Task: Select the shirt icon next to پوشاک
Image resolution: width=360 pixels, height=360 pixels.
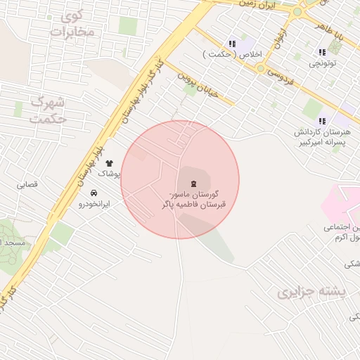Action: (x=109, y=163)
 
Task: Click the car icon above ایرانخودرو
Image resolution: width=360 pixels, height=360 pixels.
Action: (x=94, y=193)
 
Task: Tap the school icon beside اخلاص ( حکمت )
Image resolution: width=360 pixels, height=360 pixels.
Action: (x=232, y=44)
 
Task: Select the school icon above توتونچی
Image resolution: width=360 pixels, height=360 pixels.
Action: (x=323, y=52)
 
